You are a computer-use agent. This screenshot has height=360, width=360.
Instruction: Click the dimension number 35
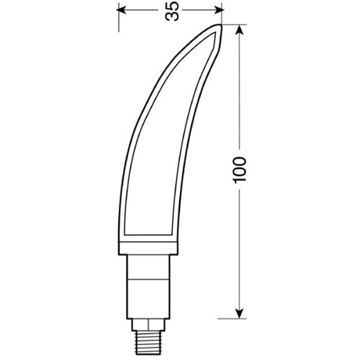pyautogui.click(x=172, y=11)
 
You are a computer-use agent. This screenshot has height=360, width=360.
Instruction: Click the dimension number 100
pyautogui.click(x=239, y=170)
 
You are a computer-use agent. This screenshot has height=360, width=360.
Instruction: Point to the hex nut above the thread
pyautogui.click(x=148, y=325)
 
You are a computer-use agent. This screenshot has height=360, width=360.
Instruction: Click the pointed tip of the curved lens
pyautogui.click(x=219, y=26)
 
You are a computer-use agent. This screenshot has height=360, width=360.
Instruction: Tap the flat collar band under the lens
pyautogui.click(x=148, y=248)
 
